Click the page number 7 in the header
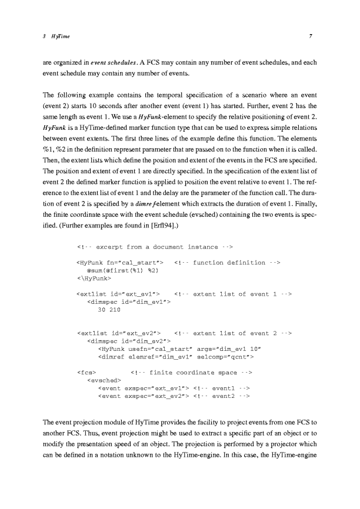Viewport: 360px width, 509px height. click(x=309, y=36)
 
